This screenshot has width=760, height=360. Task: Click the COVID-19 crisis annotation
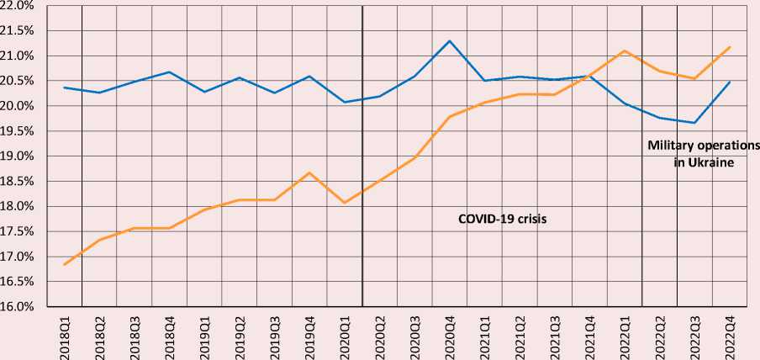(x=508, y=218)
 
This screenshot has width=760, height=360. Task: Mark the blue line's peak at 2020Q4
(x=449, y=40)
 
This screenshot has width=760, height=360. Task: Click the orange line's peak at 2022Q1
(x=625, y=50)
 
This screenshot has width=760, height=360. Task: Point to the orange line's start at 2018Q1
(x=64, y=265)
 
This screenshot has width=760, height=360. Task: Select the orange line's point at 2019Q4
(x=309, y=173)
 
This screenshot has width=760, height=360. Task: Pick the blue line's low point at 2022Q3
(x=694, y=123)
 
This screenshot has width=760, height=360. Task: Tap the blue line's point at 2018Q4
(x=169, y=71)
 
